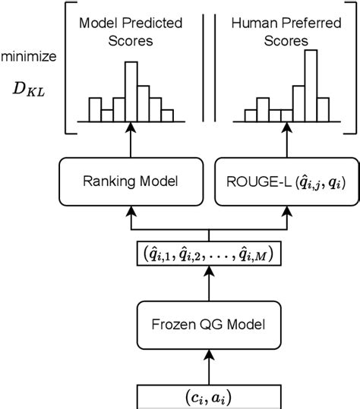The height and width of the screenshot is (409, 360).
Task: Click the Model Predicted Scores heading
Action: [131, 32]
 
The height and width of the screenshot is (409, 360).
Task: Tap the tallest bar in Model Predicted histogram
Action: [131, 92]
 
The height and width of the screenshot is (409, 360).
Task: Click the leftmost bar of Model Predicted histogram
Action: [94, 109]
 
